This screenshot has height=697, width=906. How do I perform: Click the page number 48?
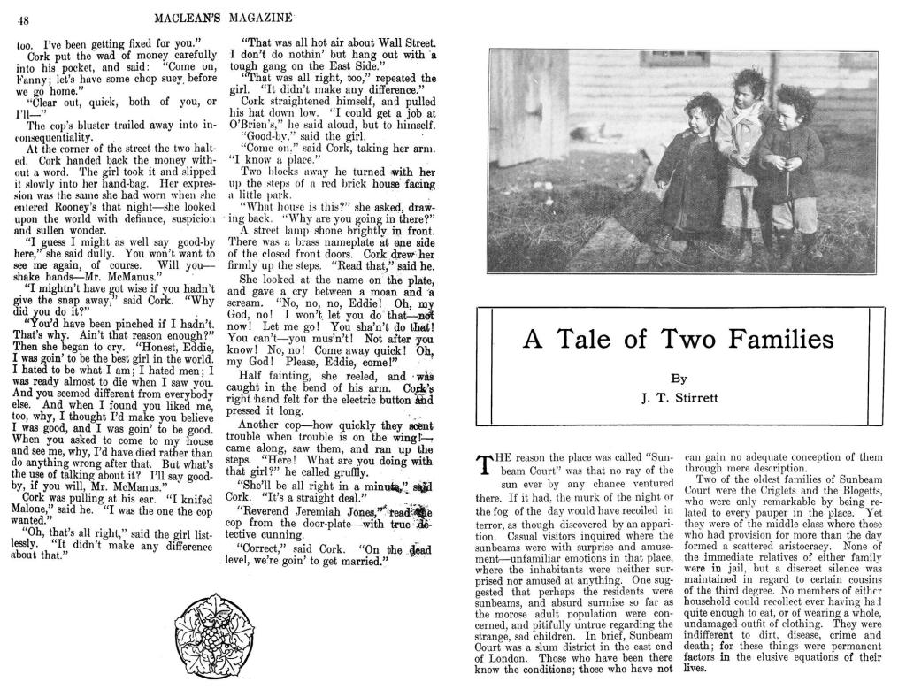coord(24,20)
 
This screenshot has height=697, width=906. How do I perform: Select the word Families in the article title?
coord(781,340)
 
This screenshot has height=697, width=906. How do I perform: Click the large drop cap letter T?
coord(484,465)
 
